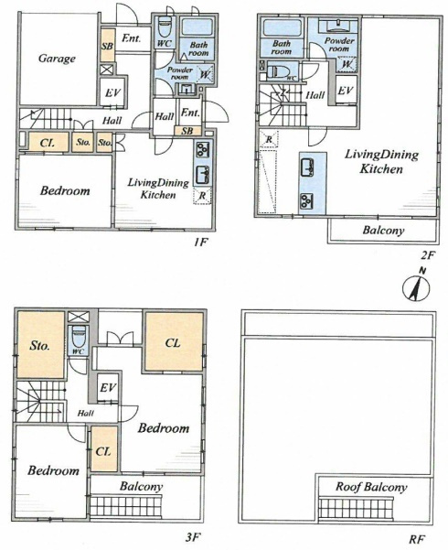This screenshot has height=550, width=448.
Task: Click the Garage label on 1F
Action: click(x=57, y=59)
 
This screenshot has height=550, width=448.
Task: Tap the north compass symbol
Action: click(x=416, y=288)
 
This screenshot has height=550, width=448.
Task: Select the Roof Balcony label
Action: click(x=371, y=487)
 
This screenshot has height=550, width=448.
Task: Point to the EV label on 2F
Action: click(x=346, y=91)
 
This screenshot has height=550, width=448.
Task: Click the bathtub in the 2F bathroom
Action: click(x=283, y=28)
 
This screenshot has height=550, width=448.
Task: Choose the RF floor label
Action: click(x=417, y=538)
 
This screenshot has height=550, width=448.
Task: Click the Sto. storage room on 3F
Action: click(x=40, y=345)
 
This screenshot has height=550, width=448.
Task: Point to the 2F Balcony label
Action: click(x=383, y=231)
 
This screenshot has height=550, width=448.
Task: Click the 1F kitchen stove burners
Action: click(x=203, y=149)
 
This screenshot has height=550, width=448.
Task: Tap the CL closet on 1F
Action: click(x=48, y=143)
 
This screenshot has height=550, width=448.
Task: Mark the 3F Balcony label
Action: click(x=142, y=487)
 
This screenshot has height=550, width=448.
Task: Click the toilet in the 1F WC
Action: click(x=164, y=27)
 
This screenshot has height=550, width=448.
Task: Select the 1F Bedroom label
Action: click(x=65, y=190)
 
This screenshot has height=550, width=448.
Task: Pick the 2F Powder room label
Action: click(x=339, y=45)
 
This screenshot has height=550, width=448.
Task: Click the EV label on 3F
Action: click(x=108, y=388)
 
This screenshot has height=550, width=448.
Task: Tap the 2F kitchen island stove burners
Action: click(x=306, y=201)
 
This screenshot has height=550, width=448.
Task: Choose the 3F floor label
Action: click(x=192, y=537)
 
